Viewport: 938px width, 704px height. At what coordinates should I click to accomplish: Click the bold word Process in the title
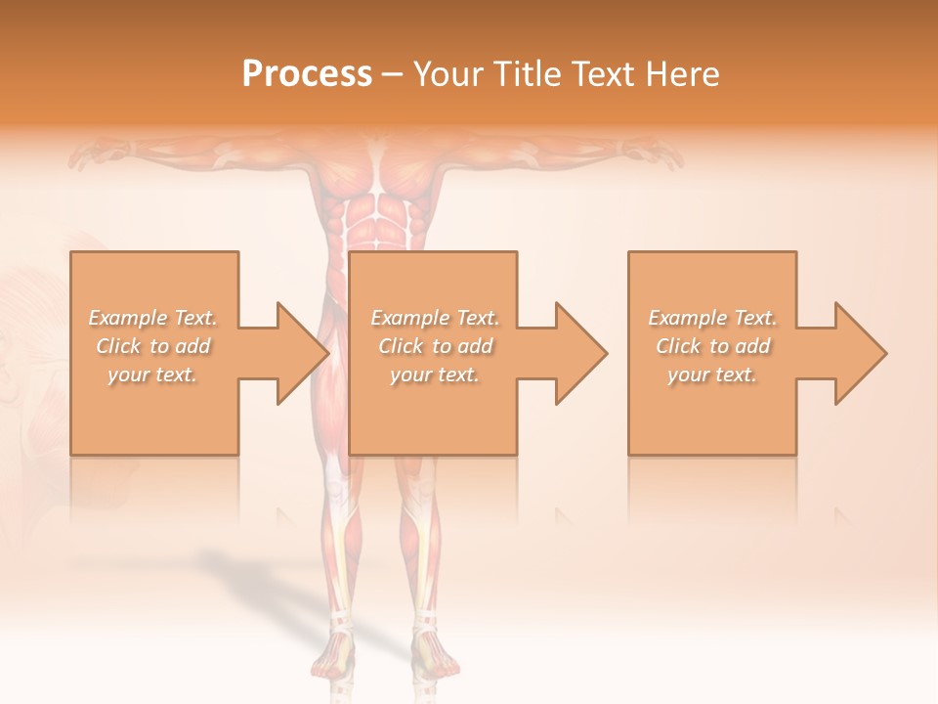click(307, 74)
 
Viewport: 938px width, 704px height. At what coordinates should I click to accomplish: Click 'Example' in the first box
click(127, 318)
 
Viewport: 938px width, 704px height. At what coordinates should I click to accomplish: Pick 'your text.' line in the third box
click(712, 374)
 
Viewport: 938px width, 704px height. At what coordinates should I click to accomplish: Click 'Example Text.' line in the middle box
click(435, 318)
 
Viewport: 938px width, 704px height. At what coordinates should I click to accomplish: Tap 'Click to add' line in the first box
click(153, 346)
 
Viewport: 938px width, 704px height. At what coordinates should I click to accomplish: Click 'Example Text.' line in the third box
click(712, 318)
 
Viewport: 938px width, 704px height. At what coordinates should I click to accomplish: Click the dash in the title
click(392, 74)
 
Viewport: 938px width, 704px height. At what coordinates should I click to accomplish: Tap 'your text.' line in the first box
click(153, 374)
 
